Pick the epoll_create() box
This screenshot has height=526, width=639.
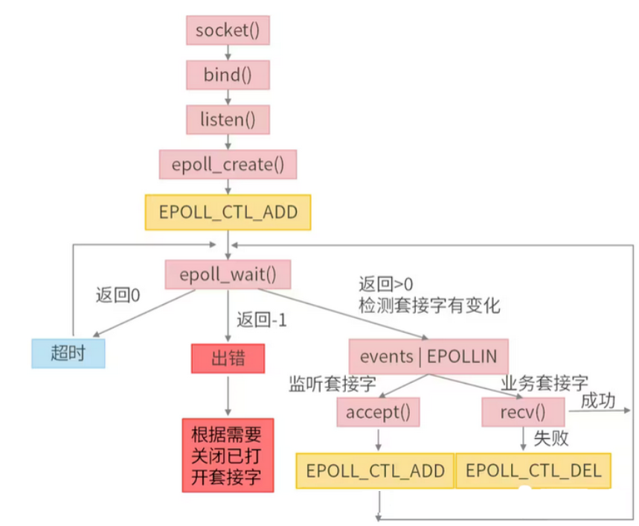click(x=228, y=164)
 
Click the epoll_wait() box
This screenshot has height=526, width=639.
click(x=228, y=274)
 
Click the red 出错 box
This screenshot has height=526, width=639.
click(x=228, y=359)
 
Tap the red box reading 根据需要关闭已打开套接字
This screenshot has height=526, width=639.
click(x=228, y=454)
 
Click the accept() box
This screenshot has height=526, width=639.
click(x=379, y=412)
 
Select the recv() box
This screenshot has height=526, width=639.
click(x=524, y=412)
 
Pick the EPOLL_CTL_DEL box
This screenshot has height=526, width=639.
click(x=533, y=471)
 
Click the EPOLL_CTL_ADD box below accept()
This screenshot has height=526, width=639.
click(x=375, y=471)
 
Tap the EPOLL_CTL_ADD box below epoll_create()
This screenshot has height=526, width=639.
click(x=228, y=212)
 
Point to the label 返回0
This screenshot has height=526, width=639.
click(x=118, y=294)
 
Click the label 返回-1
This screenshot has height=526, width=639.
click(x=261, y=321)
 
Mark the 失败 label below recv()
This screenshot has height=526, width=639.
click(x=551, y=438)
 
